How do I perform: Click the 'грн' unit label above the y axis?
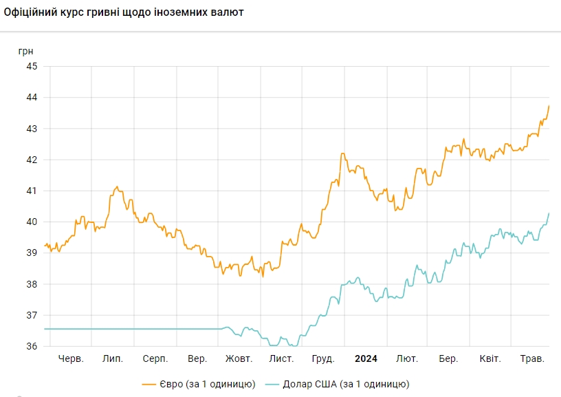click(x=26, y=51)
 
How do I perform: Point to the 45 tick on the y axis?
click(x=32, y=67)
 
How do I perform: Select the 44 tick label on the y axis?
click(x=32, y=98)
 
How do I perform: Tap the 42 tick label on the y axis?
click(x=32, y=160)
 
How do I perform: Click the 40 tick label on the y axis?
click(x=32, y=222)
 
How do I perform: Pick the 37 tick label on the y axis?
click(x=32, y=315)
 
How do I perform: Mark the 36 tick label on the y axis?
click(x=32, y=346)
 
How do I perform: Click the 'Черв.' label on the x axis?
click(x=71, y=359)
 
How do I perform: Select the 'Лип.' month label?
click(x=112, y=359)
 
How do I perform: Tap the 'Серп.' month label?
click(x=155, y=359)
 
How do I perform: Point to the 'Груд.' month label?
click(x=323, y=359)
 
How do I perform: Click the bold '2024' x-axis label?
click(x=366, y=359)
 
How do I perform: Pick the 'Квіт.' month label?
click(x=489, y=359)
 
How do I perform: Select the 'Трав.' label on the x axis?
click(x=532, y=359)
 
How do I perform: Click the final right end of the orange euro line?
click(x=549, y=105)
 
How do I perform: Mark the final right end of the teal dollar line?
click(x=549, y=213)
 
